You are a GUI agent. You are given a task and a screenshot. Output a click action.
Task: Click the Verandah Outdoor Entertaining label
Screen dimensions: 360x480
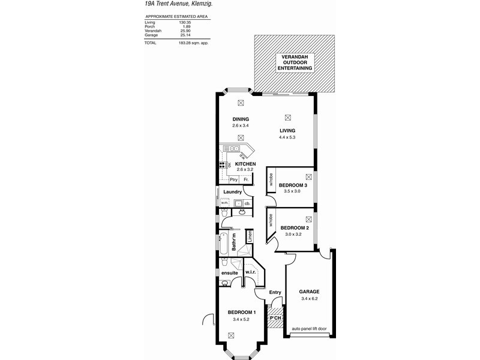pyautogui.click(x=294, y=63)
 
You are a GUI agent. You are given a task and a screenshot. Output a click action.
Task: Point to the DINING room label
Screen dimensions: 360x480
pyautogui.click(x=241, y=119)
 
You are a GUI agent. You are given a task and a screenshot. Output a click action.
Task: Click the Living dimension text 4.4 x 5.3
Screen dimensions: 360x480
pyautogui.click(x=287, y=137)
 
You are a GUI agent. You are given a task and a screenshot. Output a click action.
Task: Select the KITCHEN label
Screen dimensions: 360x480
pyautogui.click(x=245, y=164)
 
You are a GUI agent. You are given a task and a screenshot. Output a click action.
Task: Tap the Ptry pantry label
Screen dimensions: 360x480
pyautogui.click(x=234, y=179)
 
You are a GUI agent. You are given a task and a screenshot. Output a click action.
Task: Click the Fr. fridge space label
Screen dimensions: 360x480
pyautogui.click(x=246, y=179)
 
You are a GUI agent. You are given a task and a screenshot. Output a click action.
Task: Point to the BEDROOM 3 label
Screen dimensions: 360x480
pyautogui.click(x=293, y=185)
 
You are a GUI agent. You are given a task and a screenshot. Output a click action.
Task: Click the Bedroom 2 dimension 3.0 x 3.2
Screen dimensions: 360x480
pyautogui.click(x=295, y=235)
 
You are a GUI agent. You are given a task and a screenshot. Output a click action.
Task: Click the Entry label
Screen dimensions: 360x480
pyautogui.click(x=275, y=292)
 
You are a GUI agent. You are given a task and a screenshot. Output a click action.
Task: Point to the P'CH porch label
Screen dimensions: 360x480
pyautogui.click(x=275, y=317)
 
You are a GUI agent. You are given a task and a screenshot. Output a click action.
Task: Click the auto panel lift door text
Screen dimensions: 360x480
pyautogui.click(x=310, y=329)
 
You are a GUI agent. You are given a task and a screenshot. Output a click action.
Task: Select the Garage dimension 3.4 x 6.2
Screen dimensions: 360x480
pyautogui.click(x=310, y=299)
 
